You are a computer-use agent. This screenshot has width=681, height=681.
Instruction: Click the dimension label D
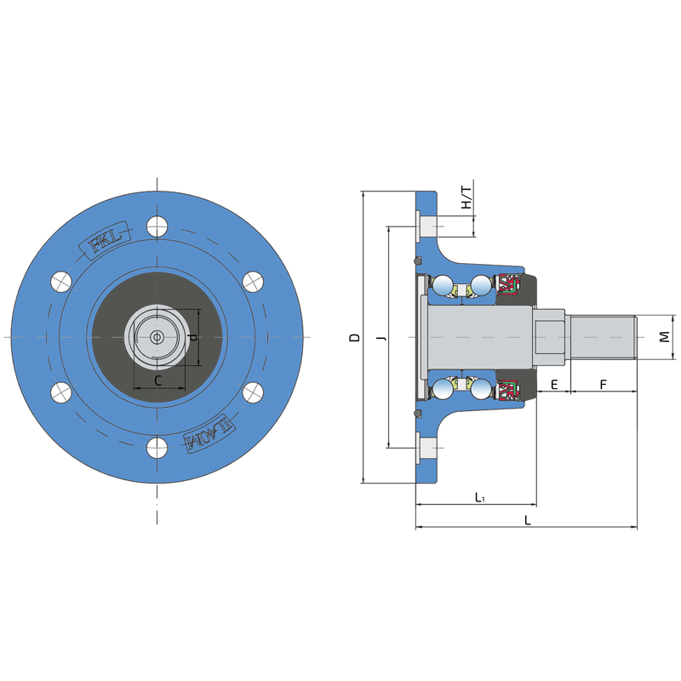click(x=354, y=338)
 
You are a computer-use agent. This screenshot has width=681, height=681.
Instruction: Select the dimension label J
click(x=381, y=338)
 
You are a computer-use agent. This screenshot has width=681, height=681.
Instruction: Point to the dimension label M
click(x=665, y=338)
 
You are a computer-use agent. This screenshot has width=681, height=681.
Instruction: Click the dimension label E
click(x=553, y=385)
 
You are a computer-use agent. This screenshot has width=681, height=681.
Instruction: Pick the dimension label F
click(x=603, y=385)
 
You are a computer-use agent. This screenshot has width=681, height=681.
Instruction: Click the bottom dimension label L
click(x=528, y=520)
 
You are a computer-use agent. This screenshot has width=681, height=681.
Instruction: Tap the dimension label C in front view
click(x=158, y=381)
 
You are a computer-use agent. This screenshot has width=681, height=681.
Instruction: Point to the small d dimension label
click(x=192, y=338)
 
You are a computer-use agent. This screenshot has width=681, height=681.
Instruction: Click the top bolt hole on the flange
click(x=157, y=226)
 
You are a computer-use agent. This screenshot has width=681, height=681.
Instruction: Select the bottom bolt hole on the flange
click(x=157, y=448)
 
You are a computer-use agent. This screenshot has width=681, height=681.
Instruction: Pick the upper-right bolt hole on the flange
click(x=252, y=281)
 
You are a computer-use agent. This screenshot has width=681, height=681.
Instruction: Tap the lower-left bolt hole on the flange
click(x=60, y=392)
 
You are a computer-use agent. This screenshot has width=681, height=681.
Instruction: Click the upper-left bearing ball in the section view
click(x=443, y=285)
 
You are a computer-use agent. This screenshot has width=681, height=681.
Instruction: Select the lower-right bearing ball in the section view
click(x=481, y=390)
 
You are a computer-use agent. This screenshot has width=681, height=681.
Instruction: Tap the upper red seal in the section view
click(x=508, y=285)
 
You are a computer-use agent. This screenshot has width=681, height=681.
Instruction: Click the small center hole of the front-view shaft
click(x=157, y=337)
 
